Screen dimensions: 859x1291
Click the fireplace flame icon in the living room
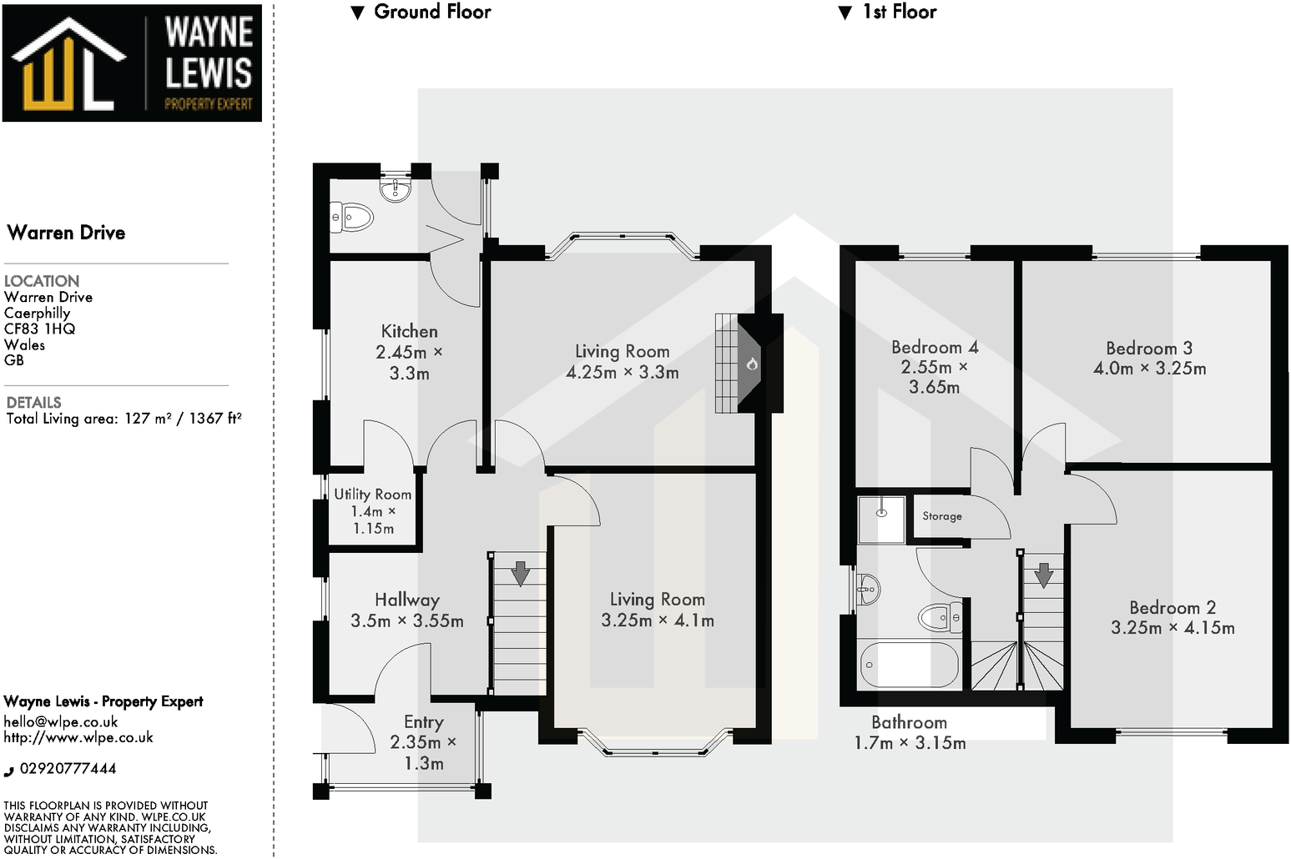752,364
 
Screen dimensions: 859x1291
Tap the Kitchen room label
409,331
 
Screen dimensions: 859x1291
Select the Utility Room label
372,494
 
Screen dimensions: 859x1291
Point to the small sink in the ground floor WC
395,190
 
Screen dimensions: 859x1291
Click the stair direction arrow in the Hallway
520,573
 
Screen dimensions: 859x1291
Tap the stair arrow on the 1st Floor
1043,575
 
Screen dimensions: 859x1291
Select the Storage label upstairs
942,516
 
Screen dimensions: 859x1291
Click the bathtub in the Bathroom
909,665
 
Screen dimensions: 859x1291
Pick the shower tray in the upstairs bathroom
881,519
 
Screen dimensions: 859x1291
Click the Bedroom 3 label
1148,348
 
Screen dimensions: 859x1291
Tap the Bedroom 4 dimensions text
934,377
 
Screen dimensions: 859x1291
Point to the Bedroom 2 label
1172,607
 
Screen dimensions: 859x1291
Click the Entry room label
423,722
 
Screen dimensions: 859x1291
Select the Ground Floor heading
431,12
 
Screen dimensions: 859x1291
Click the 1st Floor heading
899,12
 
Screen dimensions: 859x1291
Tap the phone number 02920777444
68,769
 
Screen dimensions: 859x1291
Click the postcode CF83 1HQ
40,329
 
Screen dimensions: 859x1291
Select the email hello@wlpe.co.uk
61,722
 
